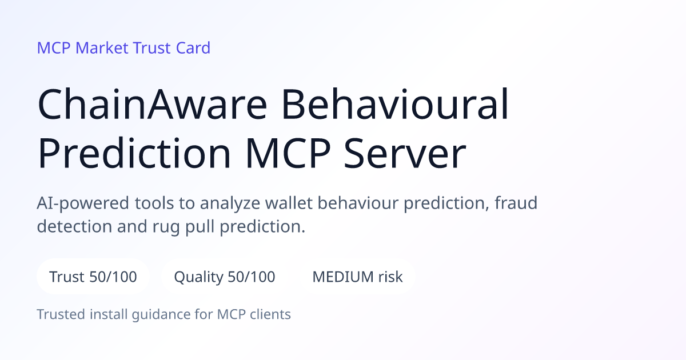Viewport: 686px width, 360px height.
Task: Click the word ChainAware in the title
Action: pos(152,104)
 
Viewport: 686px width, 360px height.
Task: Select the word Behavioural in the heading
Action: pos(395,104)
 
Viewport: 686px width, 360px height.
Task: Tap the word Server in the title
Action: pos(405,153)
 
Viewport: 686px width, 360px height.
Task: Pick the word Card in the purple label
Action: pos(193,48)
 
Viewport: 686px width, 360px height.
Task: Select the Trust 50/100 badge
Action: pos(93,277)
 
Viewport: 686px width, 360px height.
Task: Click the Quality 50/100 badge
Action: pos(225,277)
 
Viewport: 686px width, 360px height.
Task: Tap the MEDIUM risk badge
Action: pos(357,277)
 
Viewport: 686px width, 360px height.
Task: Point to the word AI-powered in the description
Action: pos(83,203)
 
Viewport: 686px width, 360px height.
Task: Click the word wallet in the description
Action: pos(289,203)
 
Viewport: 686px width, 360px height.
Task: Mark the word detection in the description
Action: pos(74,226)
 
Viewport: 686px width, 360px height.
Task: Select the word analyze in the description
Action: pos(230,203)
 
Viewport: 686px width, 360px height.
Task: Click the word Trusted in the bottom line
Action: pos(61,314)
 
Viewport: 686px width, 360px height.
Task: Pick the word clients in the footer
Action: pos(270,314)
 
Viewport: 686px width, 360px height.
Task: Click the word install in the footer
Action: pos(109,314)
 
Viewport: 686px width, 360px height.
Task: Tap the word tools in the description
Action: pos(154,203)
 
